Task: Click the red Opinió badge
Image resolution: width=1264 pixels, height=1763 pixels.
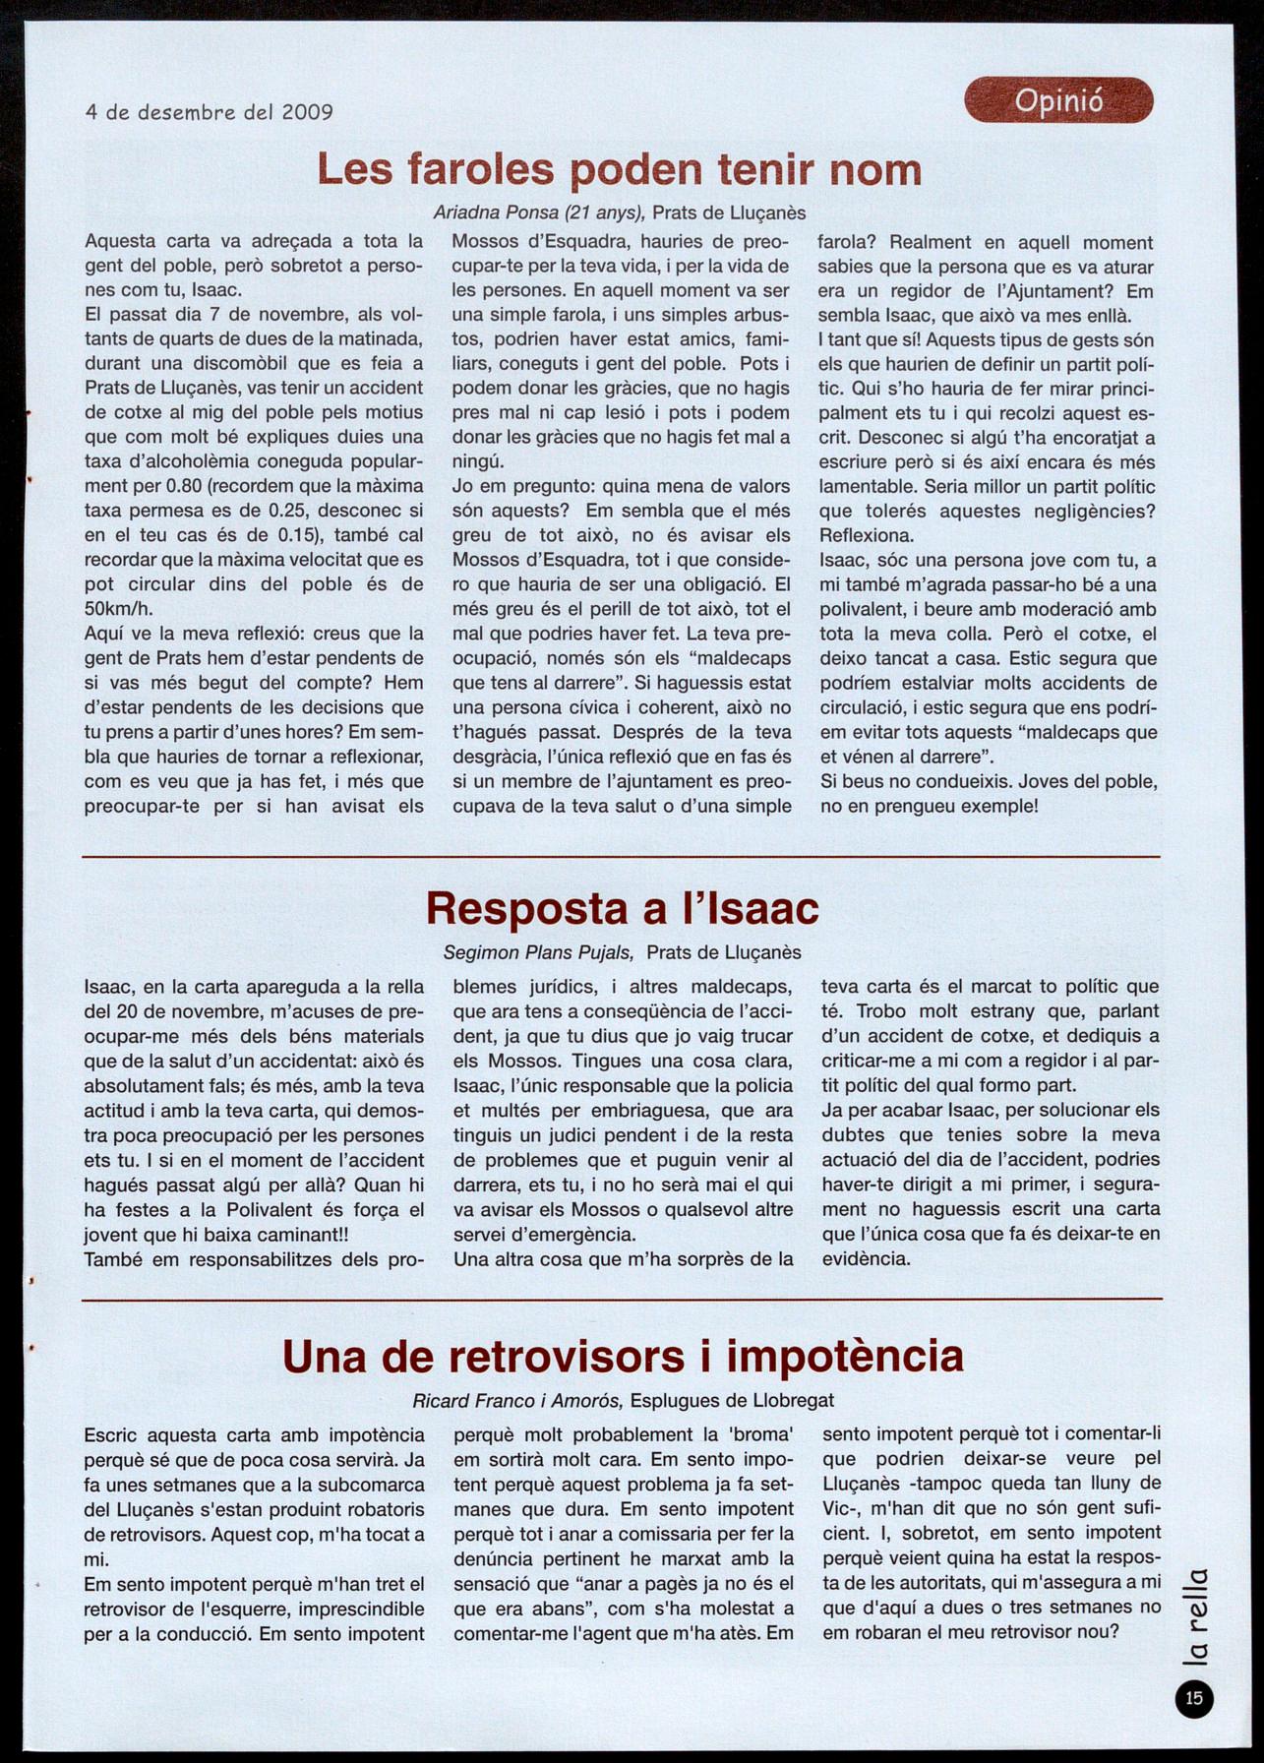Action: click(1058, 100)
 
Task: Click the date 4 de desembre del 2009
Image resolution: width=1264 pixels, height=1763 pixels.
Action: click(210, 112)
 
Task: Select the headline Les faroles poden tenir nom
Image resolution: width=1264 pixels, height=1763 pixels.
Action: click(620, 170)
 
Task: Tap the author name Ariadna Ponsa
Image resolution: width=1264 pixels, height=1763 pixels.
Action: click(497, 213)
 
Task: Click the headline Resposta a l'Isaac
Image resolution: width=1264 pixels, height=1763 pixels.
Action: click(622, 907)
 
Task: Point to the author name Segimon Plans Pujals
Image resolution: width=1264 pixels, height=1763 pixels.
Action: click(538, 952)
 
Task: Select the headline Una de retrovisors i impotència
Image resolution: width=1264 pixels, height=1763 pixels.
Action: click(623, 1356)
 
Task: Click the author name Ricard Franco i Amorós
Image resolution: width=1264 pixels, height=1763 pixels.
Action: click(517, 1400)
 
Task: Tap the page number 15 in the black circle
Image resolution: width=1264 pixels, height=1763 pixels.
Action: click(1194, 1697)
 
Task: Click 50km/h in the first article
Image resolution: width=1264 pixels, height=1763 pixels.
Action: click(119, 609)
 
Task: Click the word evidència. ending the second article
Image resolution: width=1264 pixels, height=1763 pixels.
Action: click(866, 1258)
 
